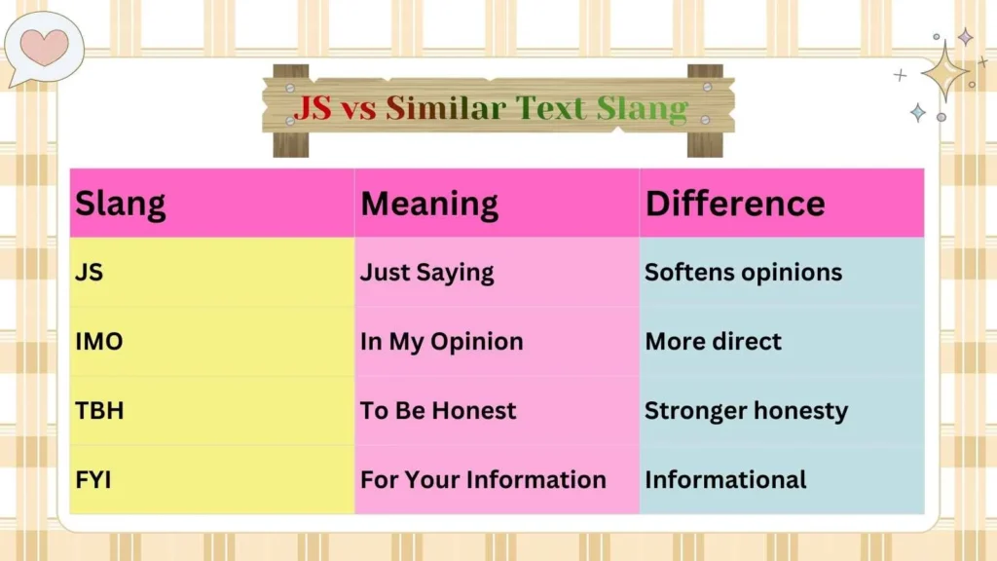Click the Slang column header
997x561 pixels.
(121, 204)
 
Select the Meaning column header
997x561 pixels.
(429, 204)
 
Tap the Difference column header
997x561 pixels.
(735, 204)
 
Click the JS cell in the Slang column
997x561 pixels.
(90, 273)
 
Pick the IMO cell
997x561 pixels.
(99, 342)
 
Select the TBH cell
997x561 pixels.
(99, 411)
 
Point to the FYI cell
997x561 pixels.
(95, 480)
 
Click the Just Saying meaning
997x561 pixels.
(427, 273)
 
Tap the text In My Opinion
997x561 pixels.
(442, 342)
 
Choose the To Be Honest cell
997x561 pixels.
(438, 411)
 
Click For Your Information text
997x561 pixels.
(483, 480)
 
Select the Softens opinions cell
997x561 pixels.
(744, 273)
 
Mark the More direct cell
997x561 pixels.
(714, 342)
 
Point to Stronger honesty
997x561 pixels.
(747, 411)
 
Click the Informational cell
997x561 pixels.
(725, 480)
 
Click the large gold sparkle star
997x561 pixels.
(943, 71)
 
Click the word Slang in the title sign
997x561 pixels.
(642, 108)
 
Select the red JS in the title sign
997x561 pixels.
(313, 108)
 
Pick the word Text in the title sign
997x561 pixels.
(553, 108)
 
